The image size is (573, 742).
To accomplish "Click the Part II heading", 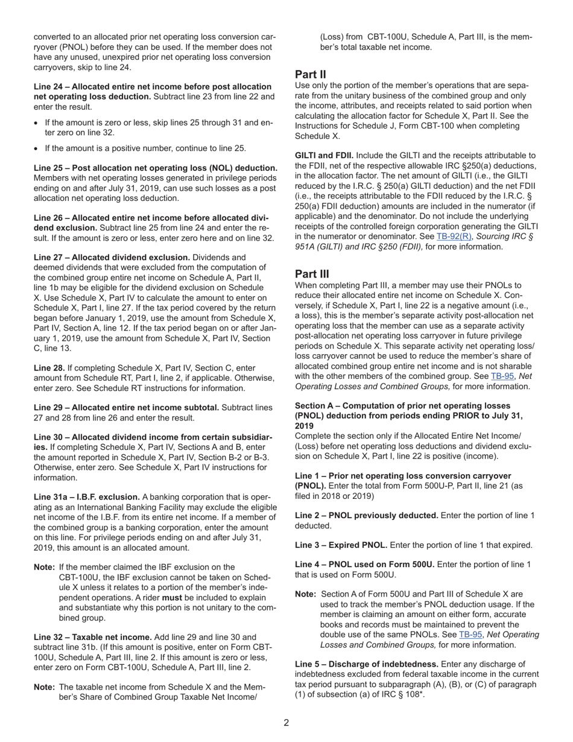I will pos(311,75).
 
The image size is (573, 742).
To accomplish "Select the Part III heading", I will pos(312,274).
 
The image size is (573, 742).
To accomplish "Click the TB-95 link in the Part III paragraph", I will pos(501,376).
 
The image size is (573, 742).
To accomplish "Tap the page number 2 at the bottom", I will pos(286,723).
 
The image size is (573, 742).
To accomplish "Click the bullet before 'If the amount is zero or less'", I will pos(37,122).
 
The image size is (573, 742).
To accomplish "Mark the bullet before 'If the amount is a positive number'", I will pos(37,148).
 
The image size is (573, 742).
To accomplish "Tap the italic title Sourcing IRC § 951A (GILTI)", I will pos(507,236).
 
